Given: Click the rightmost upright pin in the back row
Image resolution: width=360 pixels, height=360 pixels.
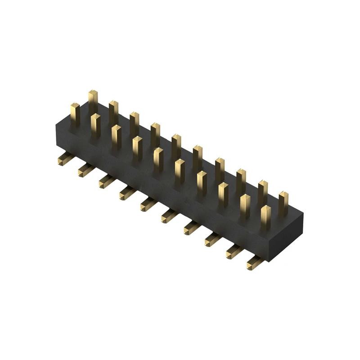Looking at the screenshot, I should pos(283,202).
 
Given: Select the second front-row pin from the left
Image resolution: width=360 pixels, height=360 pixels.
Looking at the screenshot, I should pos(95,125).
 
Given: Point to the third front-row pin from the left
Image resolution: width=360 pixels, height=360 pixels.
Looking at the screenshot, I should pos(116,136).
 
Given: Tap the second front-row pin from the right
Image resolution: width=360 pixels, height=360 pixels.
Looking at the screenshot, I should pos(245,205).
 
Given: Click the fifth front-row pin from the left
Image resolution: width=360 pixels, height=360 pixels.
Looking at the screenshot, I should pos(158,159).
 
